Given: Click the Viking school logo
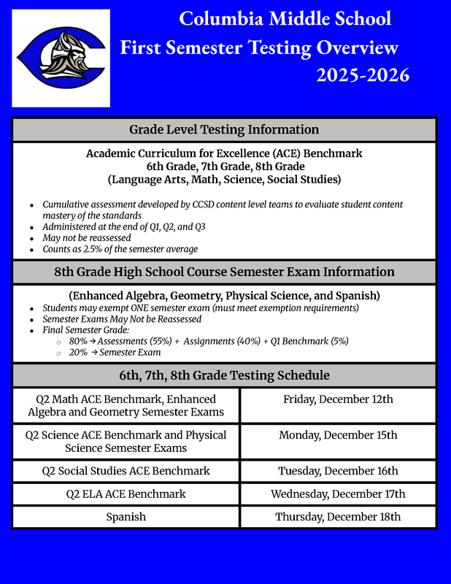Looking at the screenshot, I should click(x=62, y=58).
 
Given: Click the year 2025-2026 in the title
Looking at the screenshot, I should click(x=363, y=74).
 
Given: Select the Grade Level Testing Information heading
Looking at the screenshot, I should click(x=224, y=130).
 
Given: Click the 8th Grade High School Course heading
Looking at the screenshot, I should click(x=224, y=272).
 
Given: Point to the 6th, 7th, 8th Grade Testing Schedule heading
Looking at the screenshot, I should click(x=224, y=375).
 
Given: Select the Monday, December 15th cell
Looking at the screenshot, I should click(x=338, y=435).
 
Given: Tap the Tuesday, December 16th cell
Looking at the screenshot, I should click(x=338, y=471).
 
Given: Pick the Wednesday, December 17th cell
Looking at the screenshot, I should click(x=338, y=494).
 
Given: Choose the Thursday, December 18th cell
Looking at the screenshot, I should click(x=338, y=517).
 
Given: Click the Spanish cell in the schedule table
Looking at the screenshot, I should click(x=126, y=517).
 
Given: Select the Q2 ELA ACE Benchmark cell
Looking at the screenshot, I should click(x=126, y=494).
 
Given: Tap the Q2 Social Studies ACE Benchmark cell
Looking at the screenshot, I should click(x=126, y=471).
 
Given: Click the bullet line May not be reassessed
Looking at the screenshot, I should click(x=87, y=238).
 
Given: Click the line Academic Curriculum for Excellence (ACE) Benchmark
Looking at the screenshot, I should click(x=224, y=154).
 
